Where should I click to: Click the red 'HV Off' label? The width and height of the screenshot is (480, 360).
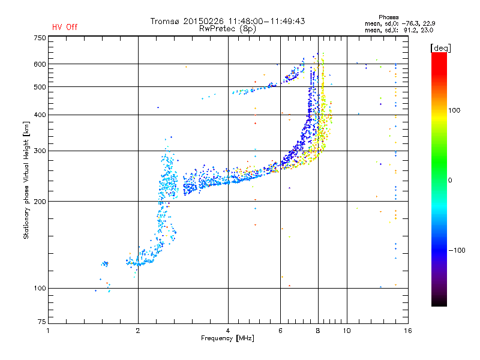pyautogui.click(x=65, y=27)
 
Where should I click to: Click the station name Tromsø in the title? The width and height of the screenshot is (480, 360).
pyautogui.click(x=166, y=21)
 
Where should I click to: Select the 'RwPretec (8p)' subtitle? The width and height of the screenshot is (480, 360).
pyautogui.click(x=228, y=28)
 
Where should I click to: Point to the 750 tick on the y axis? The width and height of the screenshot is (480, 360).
pyautogui.click(x=39, y=37)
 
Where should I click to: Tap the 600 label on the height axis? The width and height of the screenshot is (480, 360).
pyautogui.click(x=39, y=64)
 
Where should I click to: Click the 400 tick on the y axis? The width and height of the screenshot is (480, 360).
pyautogui.click(x=39, y=115)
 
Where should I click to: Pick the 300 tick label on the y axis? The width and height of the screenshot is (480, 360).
pyautogui.click(x=39, y=151)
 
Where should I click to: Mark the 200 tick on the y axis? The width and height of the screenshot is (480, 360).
pyautogui.click(x=39, y=201)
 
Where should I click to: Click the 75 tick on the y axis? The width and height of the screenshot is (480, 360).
pyautogui.click(x=41, y=323)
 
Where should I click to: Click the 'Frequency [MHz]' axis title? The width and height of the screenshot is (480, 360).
pyautogui.click(x=227, y=339)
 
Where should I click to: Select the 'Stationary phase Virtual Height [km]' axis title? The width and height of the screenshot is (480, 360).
pyautogui.click(x=26, y=180)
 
